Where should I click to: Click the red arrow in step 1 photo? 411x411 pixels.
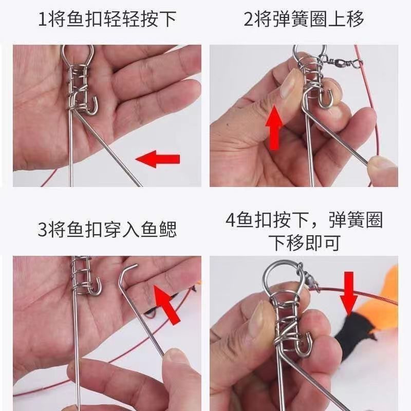[158, 159]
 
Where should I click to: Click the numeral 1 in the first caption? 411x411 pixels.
[44, 20]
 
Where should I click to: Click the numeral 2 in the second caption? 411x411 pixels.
[249, 20]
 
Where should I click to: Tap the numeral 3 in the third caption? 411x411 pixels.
[43, 229]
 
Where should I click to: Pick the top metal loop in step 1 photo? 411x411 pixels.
[78, 53]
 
